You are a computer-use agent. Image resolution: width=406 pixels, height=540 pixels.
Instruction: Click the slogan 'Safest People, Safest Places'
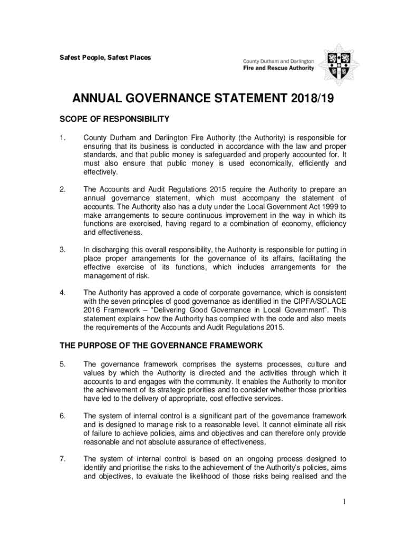coord(105,57)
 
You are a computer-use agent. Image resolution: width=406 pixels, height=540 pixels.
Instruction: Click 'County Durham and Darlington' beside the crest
coord(278,60)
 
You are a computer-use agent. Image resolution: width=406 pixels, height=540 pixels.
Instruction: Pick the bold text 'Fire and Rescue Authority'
coord(278,67)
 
